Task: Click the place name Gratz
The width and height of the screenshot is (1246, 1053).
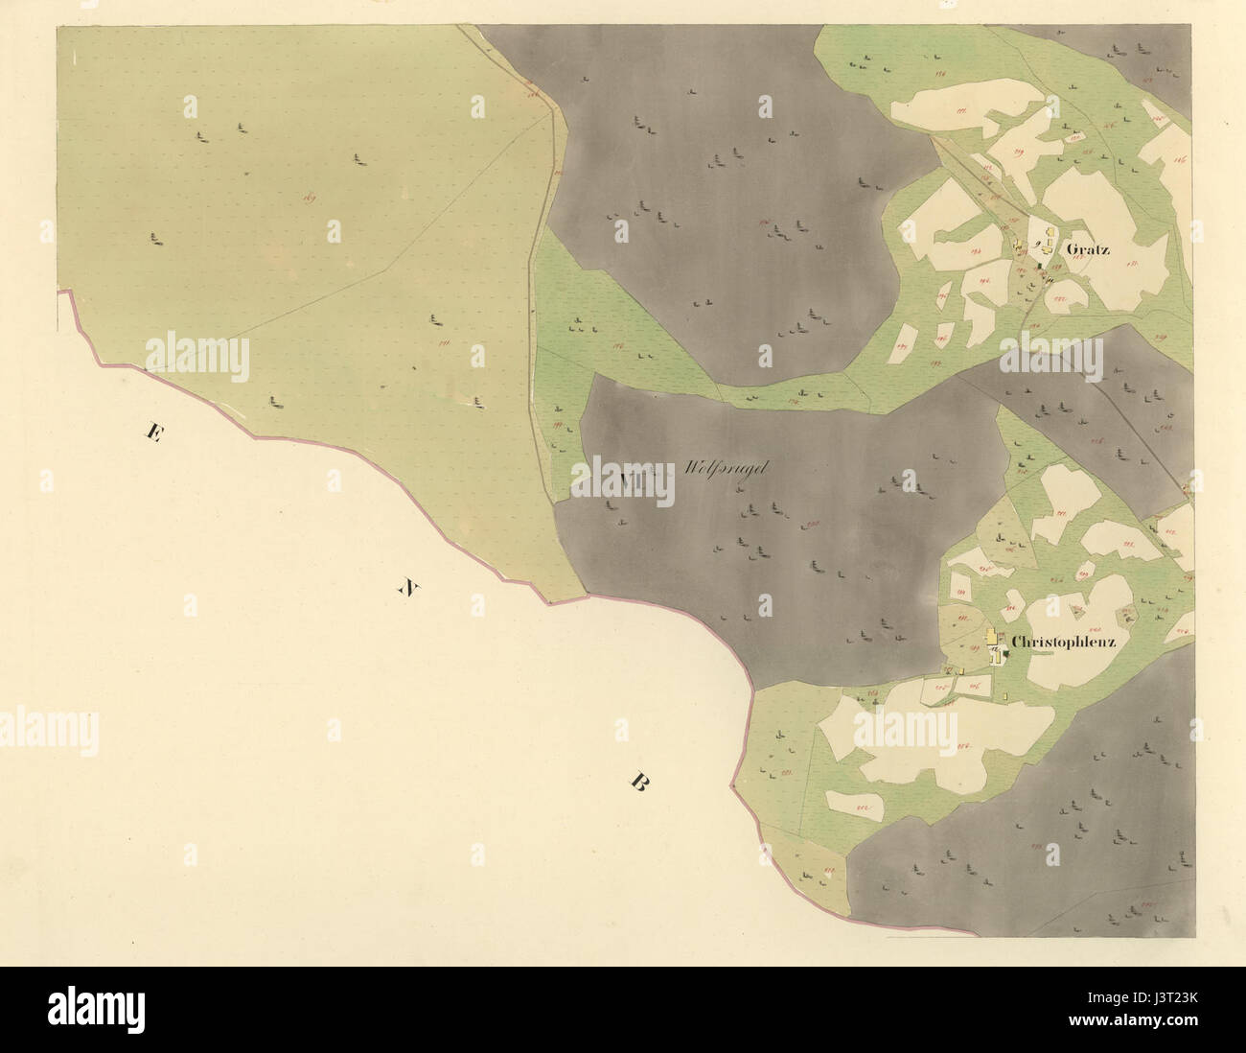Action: pyautogui.click(x=1087, y=249)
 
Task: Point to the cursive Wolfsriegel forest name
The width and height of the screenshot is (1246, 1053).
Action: pyautogui.click(x=728, y=470)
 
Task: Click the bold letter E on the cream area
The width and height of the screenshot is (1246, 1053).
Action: pyautogui.click(x=150, y=433)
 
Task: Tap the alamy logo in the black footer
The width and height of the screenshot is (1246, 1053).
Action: pyautogui.click(x=96, y=1008)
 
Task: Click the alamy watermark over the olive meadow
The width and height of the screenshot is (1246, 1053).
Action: pyautogui.click(x=196, y=357)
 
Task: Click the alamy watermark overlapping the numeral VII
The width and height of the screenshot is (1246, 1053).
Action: pyautogui.click(x=623, y=477)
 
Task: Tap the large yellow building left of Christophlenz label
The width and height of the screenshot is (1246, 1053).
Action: pyautogui.click(x=991, y=636)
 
